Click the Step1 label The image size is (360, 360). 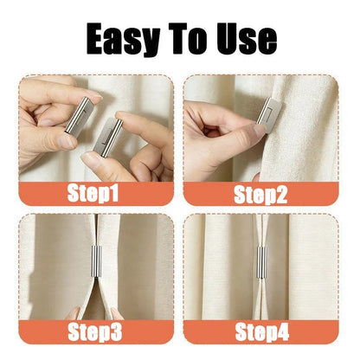pyautogui.click(x=93, y=193)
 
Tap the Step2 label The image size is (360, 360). pyautogui.click(x=260, y=194)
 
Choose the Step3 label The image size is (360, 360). pyautogui.click(x=95, y=332)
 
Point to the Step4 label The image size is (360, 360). pyautogui.click(x=262, y=331)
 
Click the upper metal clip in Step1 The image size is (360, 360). pyautogui.click(x=80, y=116)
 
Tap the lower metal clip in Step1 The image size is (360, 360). pyautogui.click(x=106, y=136)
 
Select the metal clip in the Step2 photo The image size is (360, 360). pyautogui.click(x=269, y=114)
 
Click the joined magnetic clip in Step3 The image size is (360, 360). pyautogui.click(x=97, y=261)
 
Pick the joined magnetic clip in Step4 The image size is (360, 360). pyautogui.click(x=260, y=262)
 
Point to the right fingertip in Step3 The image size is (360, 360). pyautogui.click(x=117, y=313)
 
